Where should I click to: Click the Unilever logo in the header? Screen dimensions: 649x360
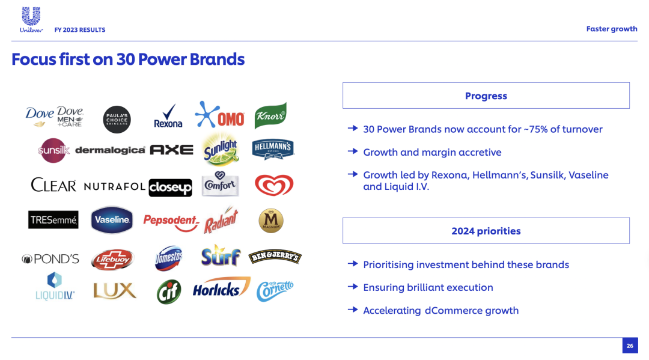[31, 19]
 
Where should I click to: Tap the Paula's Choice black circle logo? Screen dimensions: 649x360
[117, 120]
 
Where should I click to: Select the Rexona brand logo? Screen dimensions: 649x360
[168, 116]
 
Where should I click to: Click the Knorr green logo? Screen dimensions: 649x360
[270, 115]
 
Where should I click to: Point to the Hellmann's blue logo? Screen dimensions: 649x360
[273, 149]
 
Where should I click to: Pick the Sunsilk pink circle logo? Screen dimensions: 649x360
[53, 150]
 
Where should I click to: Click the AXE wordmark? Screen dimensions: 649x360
[171, 150]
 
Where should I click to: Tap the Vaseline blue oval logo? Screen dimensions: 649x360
[112, 220]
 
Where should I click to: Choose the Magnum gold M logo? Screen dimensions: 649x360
[271, 221]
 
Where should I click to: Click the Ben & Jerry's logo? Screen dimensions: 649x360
[275, 257]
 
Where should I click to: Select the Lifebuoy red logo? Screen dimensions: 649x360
[112, 260]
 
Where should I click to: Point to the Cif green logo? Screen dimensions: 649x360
[169, 291]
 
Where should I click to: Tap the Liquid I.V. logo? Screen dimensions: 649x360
[55, 286]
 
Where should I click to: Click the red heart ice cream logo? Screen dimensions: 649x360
[274, 185]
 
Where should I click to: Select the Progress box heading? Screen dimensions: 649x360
[486, 96]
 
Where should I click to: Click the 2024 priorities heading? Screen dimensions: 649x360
[486, 231]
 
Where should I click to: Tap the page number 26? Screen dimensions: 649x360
[630, 346]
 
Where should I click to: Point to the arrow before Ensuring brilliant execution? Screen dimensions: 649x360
[353, 286]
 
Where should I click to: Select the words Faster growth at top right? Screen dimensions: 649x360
[612, 29]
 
